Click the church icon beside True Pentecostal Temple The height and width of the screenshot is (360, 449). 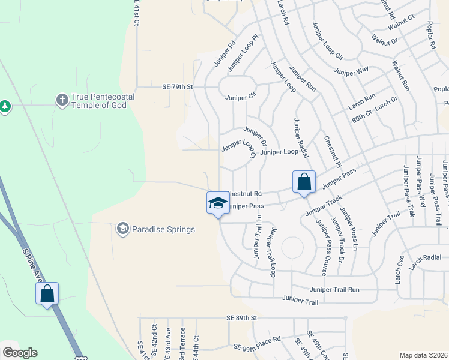tap(62, 100)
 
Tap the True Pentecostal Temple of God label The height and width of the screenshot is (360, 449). tap(103, 101)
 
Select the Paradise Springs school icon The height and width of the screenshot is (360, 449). tap(123, 229)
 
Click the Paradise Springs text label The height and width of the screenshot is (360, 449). tap(164, 229)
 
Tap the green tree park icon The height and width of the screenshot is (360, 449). tap(5, 106)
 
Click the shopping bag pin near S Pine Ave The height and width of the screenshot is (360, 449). tap(47, 294)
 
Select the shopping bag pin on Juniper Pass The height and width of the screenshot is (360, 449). tap(304, 182)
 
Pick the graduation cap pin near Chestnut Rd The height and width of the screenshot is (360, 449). tap(218, 203)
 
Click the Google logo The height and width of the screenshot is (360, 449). tap(20, 353)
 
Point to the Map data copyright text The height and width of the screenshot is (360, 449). tap(423, 355)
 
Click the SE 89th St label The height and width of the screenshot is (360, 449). tap(241, 317)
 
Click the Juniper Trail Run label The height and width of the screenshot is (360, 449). tap(334, 289)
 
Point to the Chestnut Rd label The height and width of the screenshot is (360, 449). tap(246, 194)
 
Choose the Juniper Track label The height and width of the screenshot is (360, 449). tap(324, 205)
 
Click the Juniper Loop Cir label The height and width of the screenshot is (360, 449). tap(327, 41)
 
